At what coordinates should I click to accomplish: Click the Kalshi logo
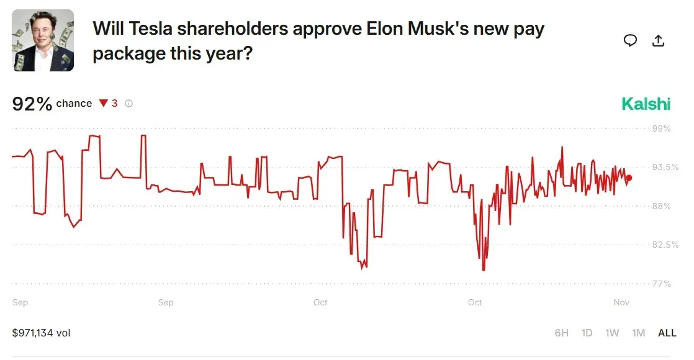pos(646,104)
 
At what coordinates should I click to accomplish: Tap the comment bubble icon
pos(630,41)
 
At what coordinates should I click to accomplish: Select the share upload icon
pos(659,41)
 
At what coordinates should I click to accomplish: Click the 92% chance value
pos(32,104)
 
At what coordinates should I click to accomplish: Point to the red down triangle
pos(104,104)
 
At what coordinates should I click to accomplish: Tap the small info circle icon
pos(128,104)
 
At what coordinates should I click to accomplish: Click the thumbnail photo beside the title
pos(43,40)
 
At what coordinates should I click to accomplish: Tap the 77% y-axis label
pos(662,284)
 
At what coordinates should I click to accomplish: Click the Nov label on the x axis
pos(621,302)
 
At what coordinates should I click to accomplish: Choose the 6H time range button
pos(561,333)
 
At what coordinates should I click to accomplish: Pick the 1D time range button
pos(587,333)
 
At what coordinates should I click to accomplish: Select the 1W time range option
pos(612,333)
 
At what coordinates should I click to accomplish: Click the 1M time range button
pos(638,333)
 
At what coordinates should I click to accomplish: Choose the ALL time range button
pos(667,333)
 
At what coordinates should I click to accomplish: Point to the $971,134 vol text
pos(41,333)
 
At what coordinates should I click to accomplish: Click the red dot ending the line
pos(629,178)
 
